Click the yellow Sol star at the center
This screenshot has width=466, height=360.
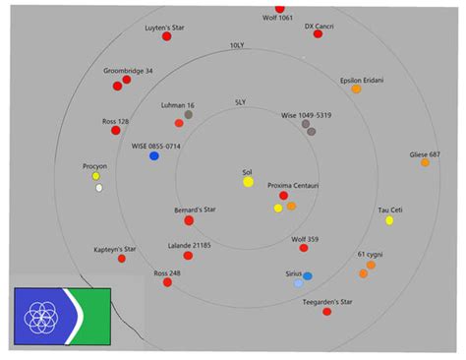coord(249,182)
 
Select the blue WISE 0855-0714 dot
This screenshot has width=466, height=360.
coord(154,156)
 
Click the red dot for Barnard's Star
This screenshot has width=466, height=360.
coord(189,220)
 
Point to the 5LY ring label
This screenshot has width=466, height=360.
coord(240,102)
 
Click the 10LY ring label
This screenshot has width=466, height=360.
coord(236,46)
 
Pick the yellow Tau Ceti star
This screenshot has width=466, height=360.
coord(389,220)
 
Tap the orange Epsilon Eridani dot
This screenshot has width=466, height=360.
coord(356,89)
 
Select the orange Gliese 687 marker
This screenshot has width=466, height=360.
coord(425,162)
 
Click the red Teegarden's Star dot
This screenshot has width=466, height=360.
coord(326,312)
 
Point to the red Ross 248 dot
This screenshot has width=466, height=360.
coord(167,282)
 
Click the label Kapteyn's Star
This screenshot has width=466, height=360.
coord(115,250)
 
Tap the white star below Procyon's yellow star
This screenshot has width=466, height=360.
coord(98,188)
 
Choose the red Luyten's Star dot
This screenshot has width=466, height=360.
coord(167,36)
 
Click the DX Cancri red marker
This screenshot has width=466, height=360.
coord(319,33)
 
